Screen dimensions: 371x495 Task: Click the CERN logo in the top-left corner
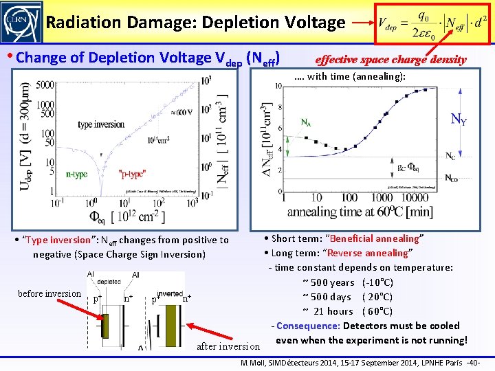pyautogui.click(x=21, y=22)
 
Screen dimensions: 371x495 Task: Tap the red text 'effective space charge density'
pyautogui.click(x=390, y=59)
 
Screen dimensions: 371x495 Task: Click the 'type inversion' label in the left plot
pyautogui.click(x=101, y=124)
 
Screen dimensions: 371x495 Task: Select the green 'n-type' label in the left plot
pyautogui.click(x=76, y=175)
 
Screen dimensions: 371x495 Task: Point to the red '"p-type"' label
pyautogui.click(x=131, y=175)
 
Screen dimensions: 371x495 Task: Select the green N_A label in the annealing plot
pyautogui.click(x=306, y=122)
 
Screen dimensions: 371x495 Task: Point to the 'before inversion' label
pyautogui.click(x=49, y=294)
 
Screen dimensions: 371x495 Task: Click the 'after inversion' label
pyautogui.click(x=228, y=346)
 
